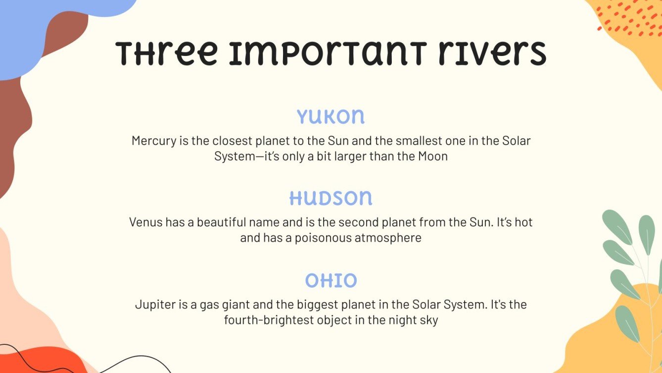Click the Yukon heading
tap(331, 117)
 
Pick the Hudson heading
tap(331, 198)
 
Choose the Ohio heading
tap(331, 281)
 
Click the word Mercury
tap(153, 141)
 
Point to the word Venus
tap(146, 222)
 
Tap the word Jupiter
tap(154, 304)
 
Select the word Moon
tap(433, 157)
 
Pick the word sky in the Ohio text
tap(429, 320)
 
